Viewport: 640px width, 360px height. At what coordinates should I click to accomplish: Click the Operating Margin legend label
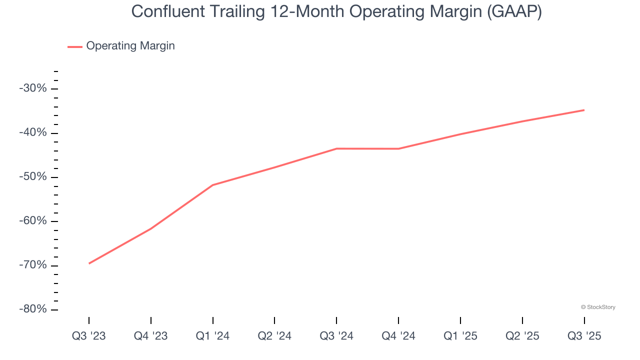[x=130, y=46]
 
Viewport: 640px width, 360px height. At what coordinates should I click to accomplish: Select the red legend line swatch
[x=75, y=46]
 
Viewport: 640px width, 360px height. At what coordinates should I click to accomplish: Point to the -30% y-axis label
[x=33, y=88]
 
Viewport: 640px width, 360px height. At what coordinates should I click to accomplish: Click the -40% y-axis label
[x=33, y=133]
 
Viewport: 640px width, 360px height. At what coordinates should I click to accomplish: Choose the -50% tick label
[x=33, y=177]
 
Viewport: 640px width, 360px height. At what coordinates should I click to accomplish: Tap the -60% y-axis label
[x=33, y=221]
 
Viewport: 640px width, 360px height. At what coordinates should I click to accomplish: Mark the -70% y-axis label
[x=33, y=265]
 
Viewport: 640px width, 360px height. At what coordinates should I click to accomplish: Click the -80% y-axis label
[x=33, y=309]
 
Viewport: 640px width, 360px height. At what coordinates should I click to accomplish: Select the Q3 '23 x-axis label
[x=89, y=336]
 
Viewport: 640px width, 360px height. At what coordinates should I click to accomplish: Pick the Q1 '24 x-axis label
[x=213, y=336]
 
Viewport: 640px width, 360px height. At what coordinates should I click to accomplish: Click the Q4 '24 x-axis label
[x=398, y=336]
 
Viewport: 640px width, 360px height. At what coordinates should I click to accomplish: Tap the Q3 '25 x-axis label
[x=584, y=336]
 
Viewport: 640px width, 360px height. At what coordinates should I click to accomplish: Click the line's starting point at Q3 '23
[x=89, y=263]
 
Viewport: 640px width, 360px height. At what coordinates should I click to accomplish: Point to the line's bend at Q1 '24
[x=213, y=185]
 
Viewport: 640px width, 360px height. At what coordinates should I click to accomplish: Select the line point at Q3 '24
[x=336, y=148]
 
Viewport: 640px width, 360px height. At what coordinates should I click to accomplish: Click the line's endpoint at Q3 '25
[x=584, y=110]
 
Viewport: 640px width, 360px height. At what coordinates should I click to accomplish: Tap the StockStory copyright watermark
[x=598, y=307]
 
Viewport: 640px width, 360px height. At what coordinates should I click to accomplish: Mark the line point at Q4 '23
[x=151, y=228]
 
